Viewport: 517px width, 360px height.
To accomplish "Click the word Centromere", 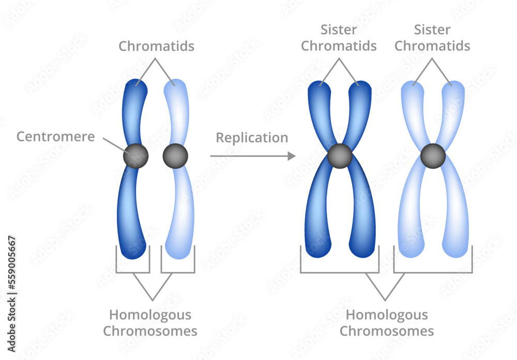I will [55, 137].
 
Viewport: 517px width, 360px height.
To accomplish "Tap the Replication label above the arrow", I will [252, 138].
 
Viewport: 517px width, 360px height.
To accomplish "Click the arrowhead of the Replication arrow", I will [292, 156].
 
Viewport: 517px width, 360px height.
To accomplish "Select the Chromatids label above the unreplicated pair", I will [157, 46].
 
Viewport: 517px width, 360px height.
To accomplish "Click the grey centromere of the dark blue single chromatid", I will [136, 156].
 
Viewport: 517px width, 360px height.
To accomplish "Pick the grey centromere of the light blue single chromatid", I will [175, 156].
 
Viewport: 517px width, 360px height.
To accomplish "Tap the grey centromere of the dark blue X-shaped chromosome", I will [340, 156].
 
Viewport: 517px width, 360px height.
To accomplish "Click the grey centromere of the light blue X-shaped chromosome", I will [433, 156].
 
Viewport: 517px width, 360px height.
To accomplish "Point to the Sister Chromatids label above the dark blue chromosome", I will [339, 38].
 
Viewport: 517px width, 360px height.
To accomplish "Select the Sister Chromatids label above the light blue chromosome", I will [432, 38].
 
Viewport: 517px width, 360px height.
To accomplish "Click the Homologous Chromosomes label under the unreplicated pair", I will [150, 323].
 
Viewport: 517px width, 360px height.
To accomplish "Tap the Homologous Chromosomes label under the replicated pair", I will [387, 323].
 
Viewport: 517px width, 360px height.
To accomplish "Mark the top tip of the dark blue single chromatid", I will [138, 84].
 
